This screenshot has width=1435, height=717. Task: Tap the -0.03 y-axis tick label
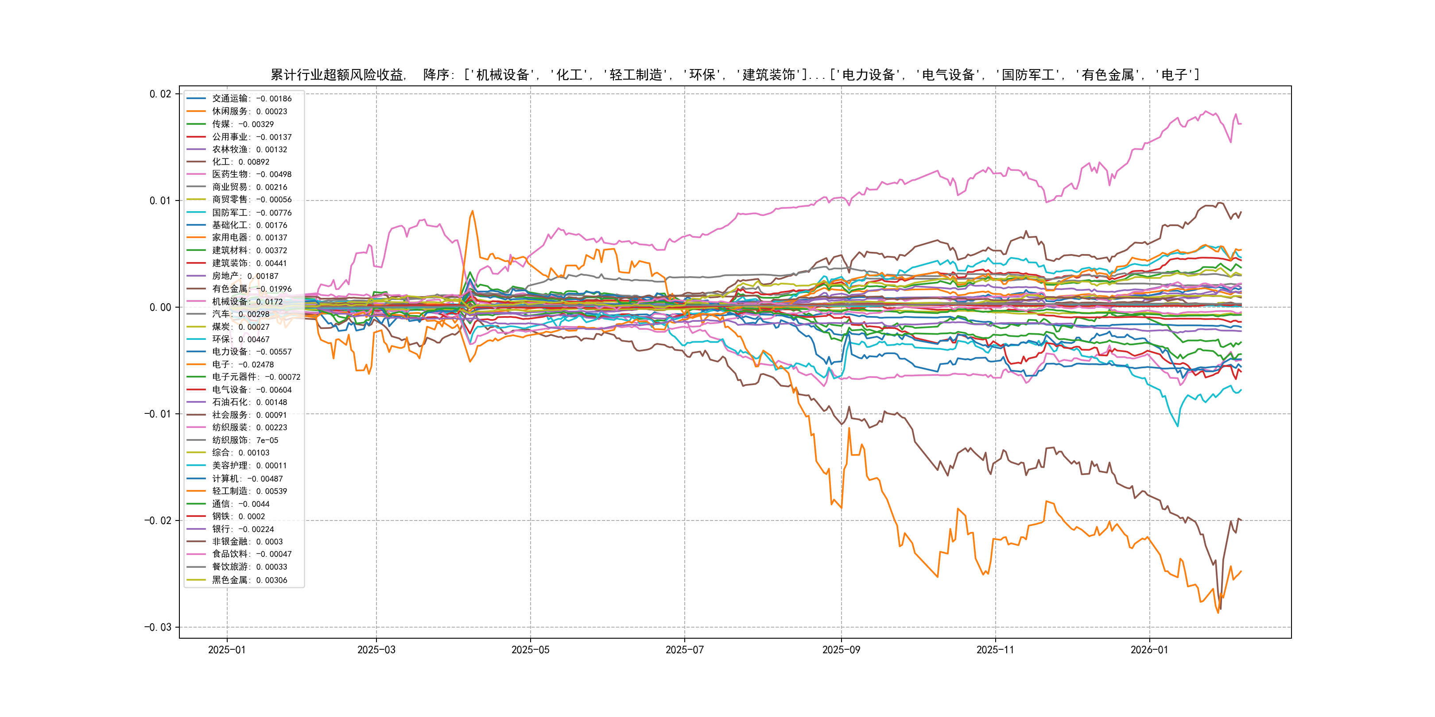pyautogui.click(x=158, y=628)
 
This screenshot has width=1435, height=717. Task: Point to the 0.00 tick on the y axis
pyautogui.click(x=160, y=307)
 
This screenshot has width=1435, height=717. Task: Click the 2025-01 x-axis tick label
pyautogui.click(x=227, y=650)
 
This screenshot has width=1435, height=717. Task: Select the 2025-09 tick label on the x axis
pyautogui.click(x=841, y=650)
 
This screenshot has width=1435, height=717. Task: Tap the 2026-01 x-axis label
pyautogui.click(x=1149, y=650)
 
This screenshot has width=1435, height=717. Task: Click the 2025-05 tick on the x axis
pyautogui.click(x=530, y=650)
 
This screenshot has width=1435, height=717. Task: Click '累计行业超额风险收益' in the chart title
pyautogui.click(x=337, y=75)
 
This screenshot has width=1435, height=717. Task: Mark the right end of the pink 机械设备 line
pyautogui.click(x=1241, y=123)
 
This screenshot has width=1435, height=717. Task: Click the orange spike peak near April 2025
pyautogui.click(x=473, y=211)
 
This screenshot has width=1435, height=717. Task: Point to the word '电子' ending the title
pyautogui.click(x=1174, y=75)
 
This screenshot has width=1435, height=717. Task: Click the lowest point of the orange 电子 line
pyautogui.click(x=1218, y=613)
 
